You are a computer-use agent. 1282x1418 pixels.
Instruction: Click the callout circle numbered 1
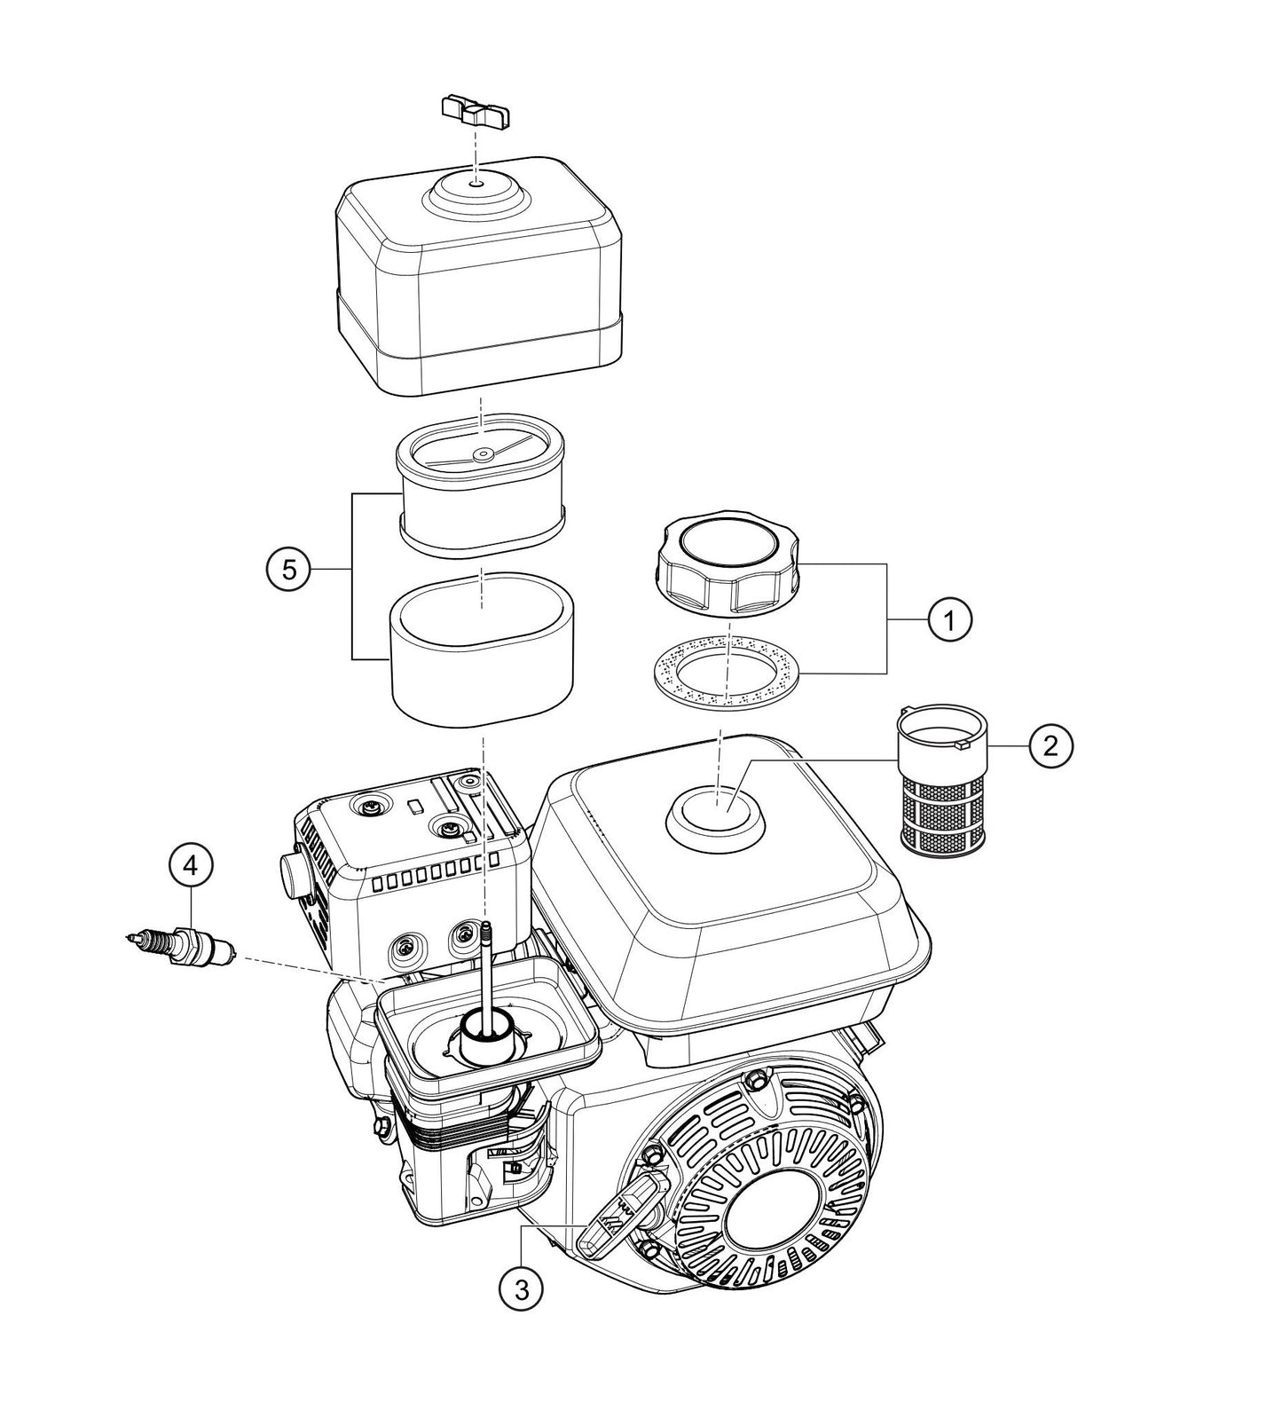[949, 619]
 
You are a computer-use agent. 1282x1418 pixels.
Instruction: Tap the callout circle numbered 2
[1050, 746]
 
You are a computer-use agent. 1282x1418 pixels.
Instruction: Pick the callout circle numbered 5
[289, 570]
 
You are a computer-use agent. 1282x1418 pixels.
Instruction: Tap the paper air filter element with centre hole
[480, 497]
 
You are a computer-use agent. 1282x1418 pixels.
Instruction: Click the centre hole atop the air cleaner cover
[477, 183]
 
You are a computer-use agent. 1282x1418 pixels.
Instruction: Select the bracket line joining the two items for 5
[352, 575]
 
